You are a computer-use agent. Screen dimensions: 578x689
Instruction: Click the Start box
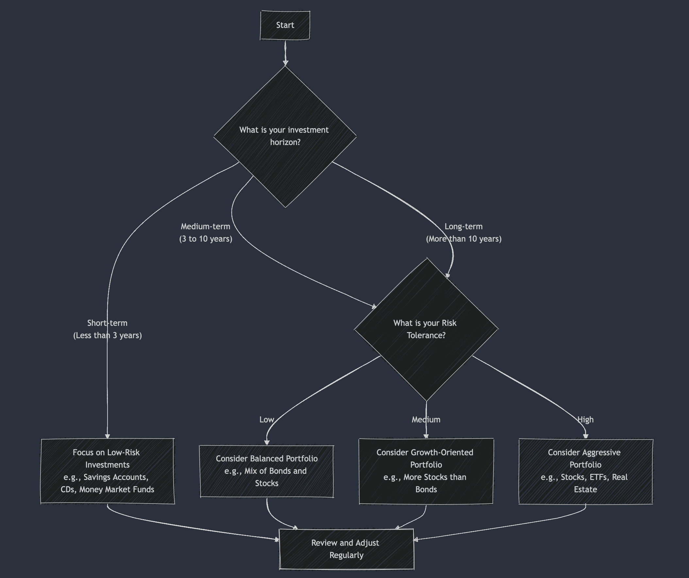click(285, 25)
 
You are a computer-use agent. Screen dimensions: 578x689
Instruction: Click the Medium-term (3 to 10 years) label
click(206, 233)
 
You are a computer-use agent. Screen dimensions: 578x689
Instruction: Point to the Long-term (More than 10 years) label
click(463, 233)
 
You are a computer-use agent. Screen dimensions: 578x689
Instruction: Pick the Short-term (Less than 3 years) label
click(107, 329)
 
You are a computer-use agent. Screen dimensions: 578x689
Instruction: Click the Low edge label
click(266, 420)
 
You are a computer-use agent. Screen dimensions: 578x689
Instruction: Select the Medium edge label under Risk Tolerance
click(426, 420)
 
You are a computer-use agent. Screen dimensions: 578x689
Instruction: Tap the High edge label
click(585, 420)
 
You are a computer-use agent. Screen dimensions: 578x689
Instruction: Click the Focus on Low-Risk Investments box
click(107, 471)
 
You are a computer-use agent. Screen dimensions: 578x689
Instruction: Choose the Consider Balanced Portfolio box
click(266, 471)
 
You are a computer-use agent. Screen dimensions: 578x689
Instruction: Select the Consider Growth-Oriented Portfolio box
click(426, 471)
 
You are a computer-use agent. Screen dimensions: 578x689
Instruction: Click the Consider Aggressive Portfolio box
click(585, 471)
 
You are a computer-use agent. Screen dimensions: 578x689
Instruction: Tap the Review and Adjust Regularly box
click(346, 549)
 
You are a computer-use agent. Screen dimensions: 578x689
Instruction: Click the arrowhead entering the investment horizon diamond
click(285, 63)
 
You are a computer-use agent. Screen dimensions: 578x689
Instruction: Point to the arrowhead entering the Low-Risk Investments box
click(107, 436)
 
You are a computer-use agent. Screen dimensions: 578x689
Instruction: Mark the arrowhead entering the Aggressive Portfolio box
click(586, 436)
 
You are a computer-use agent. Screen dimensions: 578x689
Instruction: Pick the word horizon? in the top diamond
click(285, 142)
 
